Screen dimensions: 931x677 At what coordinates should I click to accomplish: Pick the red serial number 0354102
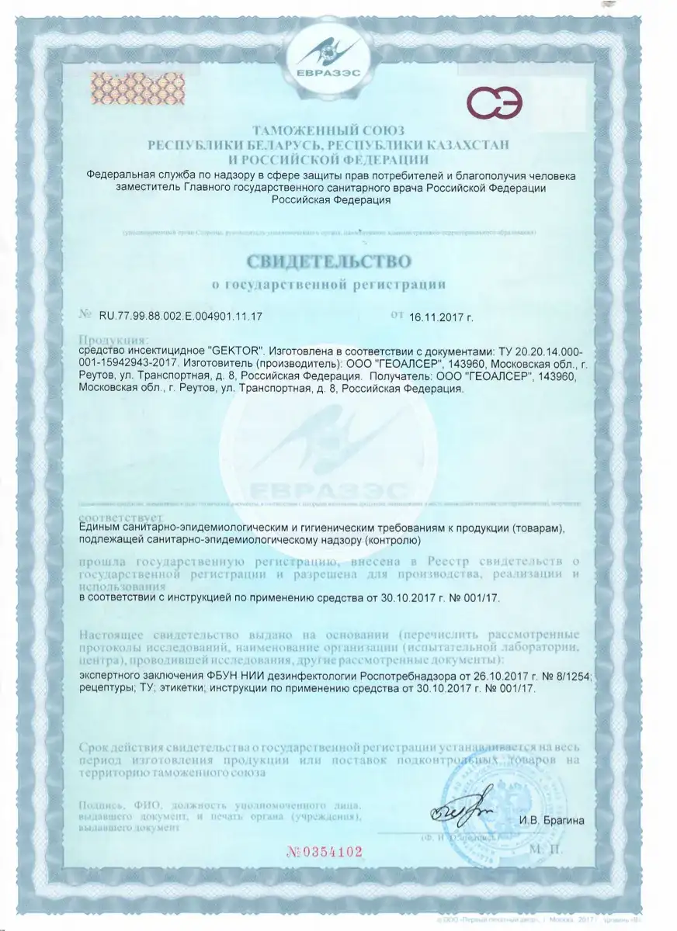pyautogui.click(x=325, y=851)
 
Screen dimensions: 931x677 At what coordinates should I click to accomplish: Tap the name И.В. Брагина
pyautogui.click(x=548, y=820)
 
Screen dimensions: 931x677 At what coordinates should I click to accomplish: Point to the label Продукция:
pyautogui.click(x=113, y=340)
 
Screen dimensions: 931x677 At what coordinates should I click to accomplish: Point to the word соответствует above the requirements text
pyautogui.click(x=120, y=516)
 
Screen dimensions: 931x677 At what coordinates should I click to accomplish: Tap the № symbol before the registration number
pyautogui.click(x=85, y=316)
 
